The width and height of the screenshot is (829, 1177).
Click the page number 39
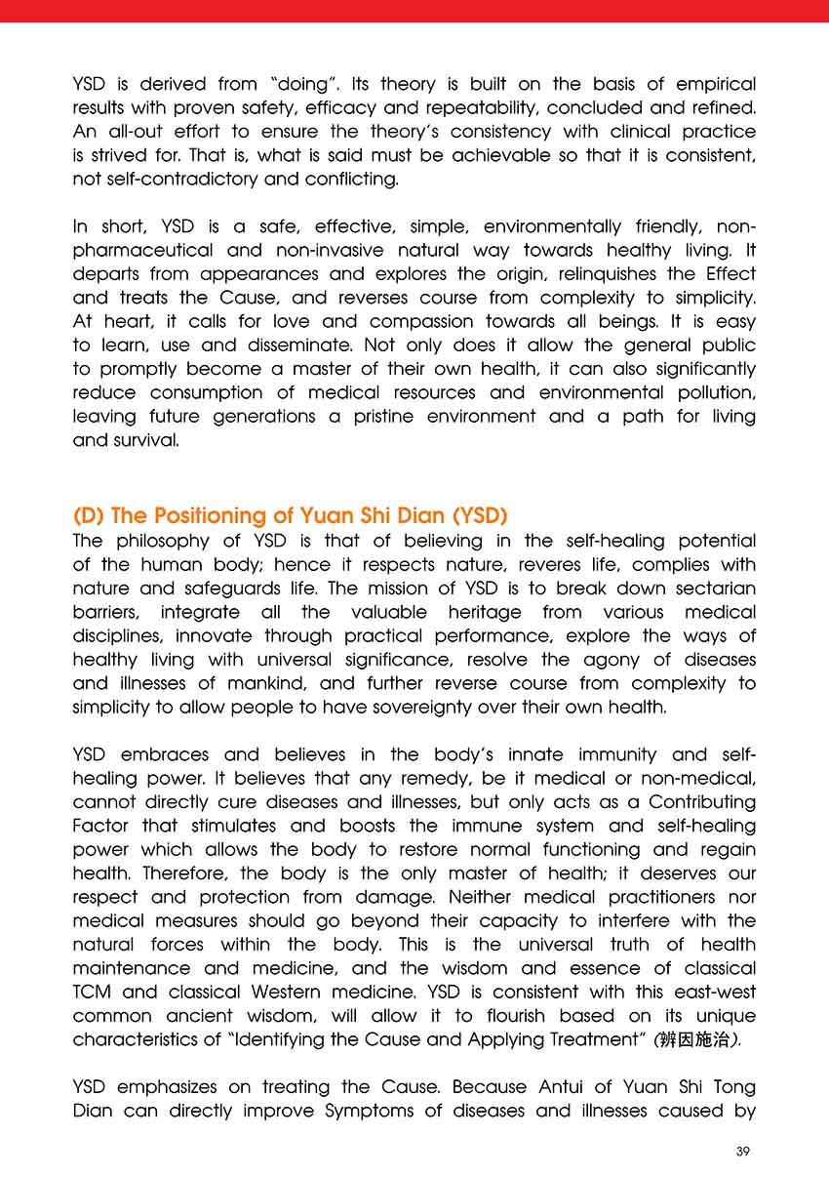coord(743,1152)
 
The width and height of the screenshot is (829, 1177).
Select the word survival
coord(143,439)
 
